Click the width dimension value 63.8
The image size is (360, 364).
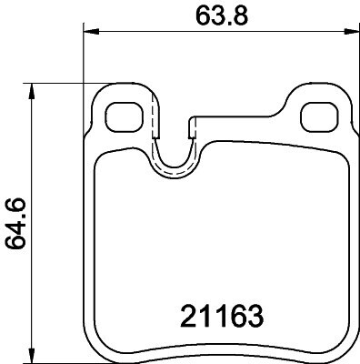pos(222,15)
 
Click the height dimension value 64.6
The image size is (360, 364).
pos(15,224)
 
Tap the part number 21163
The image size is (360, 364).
pos(222,316)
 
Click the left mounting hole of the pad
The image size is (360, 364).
pos(125,117)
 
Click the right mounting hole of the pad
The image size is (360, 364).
pos(319,117)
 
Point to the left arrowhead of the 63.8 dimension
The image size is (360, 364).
pos(91,31)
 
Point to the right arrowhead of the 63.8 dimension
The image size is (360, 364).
pos(352,31)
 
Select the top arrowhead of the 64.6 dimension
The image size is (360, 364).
pos(31,91)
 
